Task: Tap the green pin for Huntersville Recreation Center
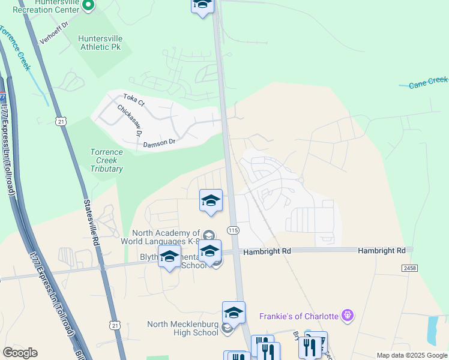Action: (88, 6)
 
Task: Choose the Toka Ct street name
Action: (134, 100)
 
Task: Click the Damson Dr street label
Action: (159, 143)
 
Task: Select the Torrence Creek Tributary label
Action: (106, 160)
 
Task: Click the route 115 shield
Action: (234, 230)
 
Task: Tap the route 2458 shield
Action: (409, 268)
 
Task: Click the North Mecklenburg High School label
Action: (182, 328)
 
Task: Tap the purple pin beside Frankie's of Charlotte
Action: (346, 315)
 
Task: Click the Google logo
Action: (20, 353)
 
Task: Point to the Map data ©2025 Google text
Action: (411, 355)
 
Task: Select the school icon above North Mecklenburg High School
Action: (234, 313)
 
